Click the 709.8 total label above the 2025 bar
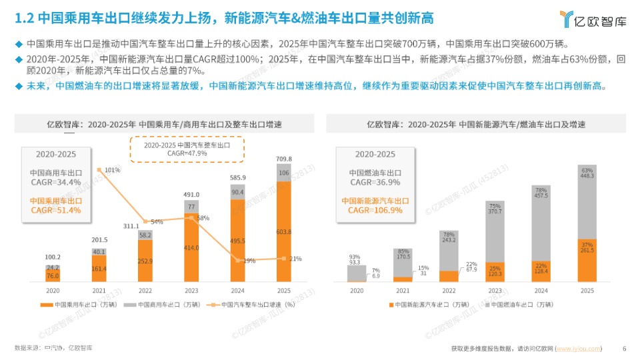284,159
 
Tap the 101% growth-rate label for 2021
112,170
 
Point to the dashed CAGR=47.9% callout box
187,149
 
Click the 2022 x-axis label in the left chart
145,291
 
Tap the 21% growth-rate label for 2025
295,259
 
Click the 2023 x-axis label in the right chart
495,291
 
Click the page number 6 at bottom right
624,348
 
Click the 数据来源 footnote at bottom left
53,348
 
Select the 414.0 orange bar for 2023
191,247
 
